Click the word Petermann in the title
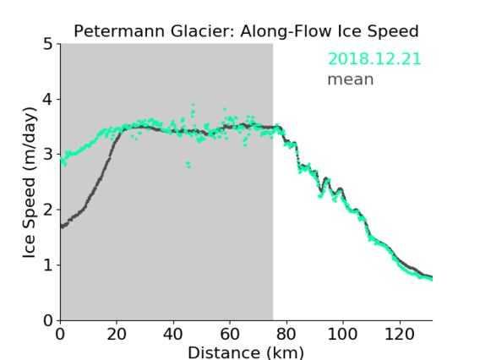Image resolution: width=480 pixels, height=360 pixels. point(120,31)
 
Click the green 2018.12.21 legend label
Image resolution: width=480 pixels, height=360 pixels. point(374,59)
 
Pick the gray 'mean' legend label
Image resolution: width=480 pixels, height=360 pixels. point(351,79)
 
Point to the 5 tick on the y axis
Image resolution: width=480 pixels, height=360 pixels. point(48,45)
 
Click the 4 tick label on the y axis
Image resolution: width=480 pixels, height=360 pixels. point(48,100)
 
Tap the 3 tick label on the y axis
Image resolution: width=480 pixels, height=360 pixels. point(48,155)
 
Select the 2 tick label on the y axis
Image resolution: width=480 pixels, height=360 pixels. point(48,210)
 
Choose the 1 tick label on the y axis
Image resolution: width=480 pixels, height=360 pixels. point(48,265)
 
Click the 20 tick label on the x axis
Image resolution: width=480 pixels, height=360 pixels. point(117,334)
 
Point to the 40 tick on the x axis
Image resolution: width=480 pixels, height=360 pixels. point(173,334)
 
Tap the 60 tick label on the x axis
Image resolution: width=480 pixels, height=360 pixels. point(230,334)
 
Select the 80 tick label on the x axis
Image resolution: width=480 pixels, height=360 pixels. point(286,334)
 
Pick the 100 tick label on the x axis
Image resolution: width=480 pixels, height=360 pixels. point(342,334)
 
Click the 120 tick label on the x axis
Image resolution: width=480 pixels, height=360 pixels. point(400,334)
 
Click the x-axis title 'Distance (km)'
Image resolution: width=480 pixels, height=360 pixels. point(246,352)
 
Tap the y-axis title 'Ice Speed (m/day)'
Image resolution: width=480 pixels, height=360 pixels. point(30,183)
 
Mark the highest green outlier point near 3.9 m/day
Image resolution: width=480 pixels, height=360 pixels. point(193,105)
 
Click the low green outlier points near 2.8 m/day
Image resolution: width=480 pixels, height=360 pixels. point(188,165)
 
